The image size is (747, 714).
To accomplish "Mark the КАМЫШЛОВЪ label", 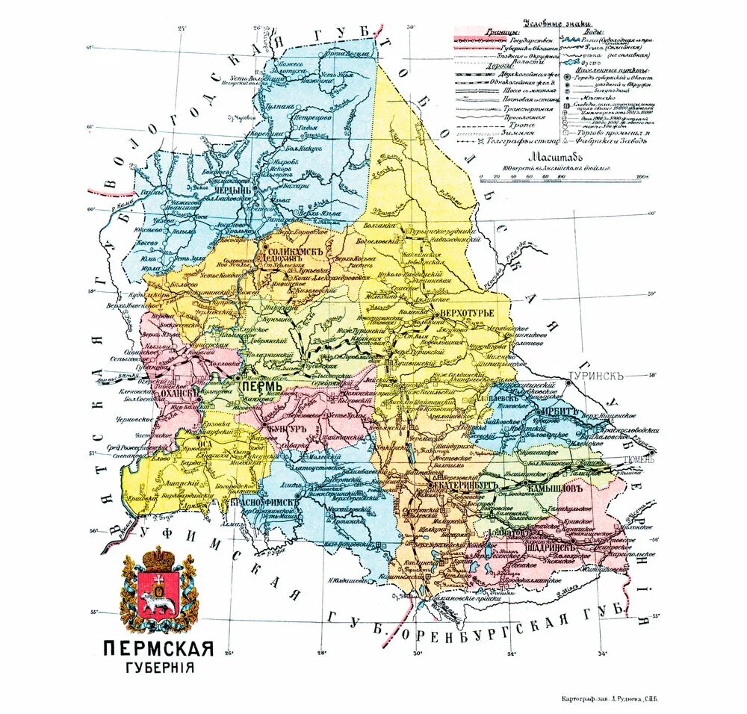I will [560, 487].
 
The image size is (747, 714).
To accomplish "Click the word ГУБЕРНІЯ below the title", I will [159, 666].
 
